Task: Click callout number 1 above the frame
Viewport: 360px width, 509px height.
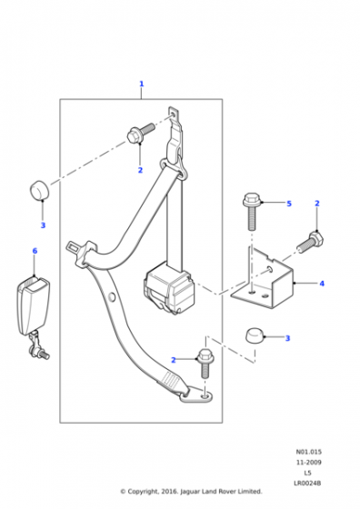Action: [141, 84]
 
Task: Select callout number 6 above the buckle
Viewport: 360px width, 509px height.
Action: [35, 251]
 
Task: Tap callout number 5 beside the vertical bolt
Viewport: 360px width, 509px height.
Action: [289, 204]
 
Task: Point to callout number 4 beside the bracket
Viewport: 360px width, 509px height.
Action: [322, 284]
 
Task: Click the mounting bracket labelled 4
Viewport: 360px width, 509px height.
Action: [263, 279]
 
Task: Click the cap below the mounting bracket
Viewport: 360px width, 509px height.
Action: [255, 335]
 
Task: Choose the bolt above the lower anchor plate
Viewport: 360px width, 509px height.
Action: [205, 363]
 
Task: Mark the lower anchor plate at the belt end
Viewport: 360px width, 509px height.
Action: [196, 396]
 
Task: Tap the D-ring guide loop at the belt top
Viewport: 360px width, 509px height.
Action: [174, 167]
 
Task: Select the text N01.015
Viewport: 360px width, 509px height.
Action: [309, 452]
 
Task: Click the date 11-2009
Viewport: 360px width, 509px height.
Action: [309, 463]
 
